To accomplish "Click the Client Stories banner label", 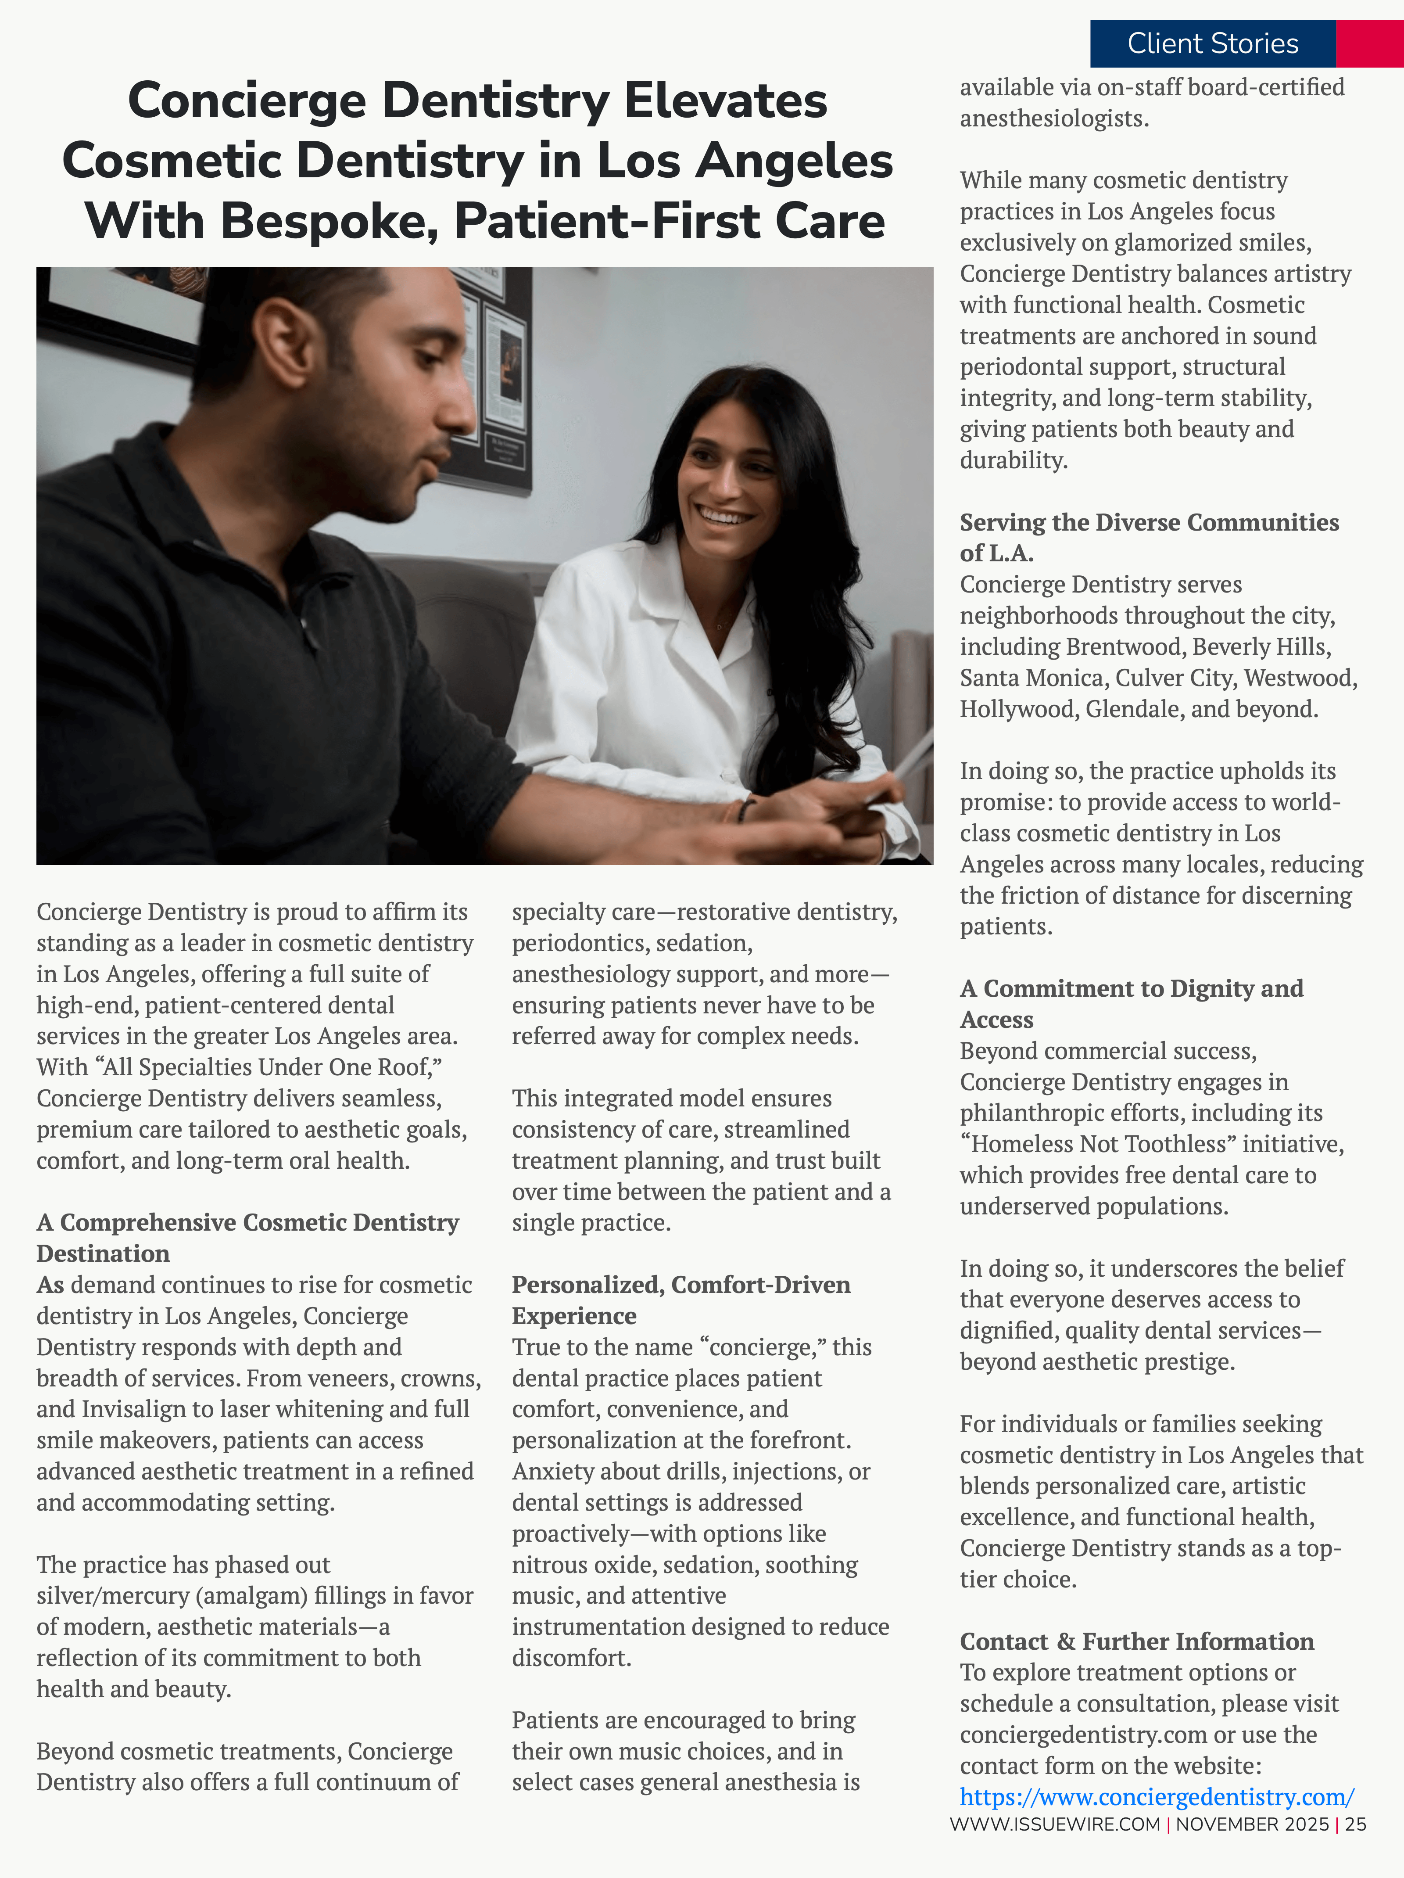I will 1212,43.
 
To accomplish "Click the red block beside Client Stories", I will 1369,43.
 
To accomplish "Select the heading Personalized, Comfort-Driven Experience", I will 681,1300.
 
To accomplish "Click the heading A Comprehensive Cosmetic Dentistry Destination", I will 247,1238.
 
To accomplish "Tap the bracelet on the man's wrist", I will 745,809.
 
